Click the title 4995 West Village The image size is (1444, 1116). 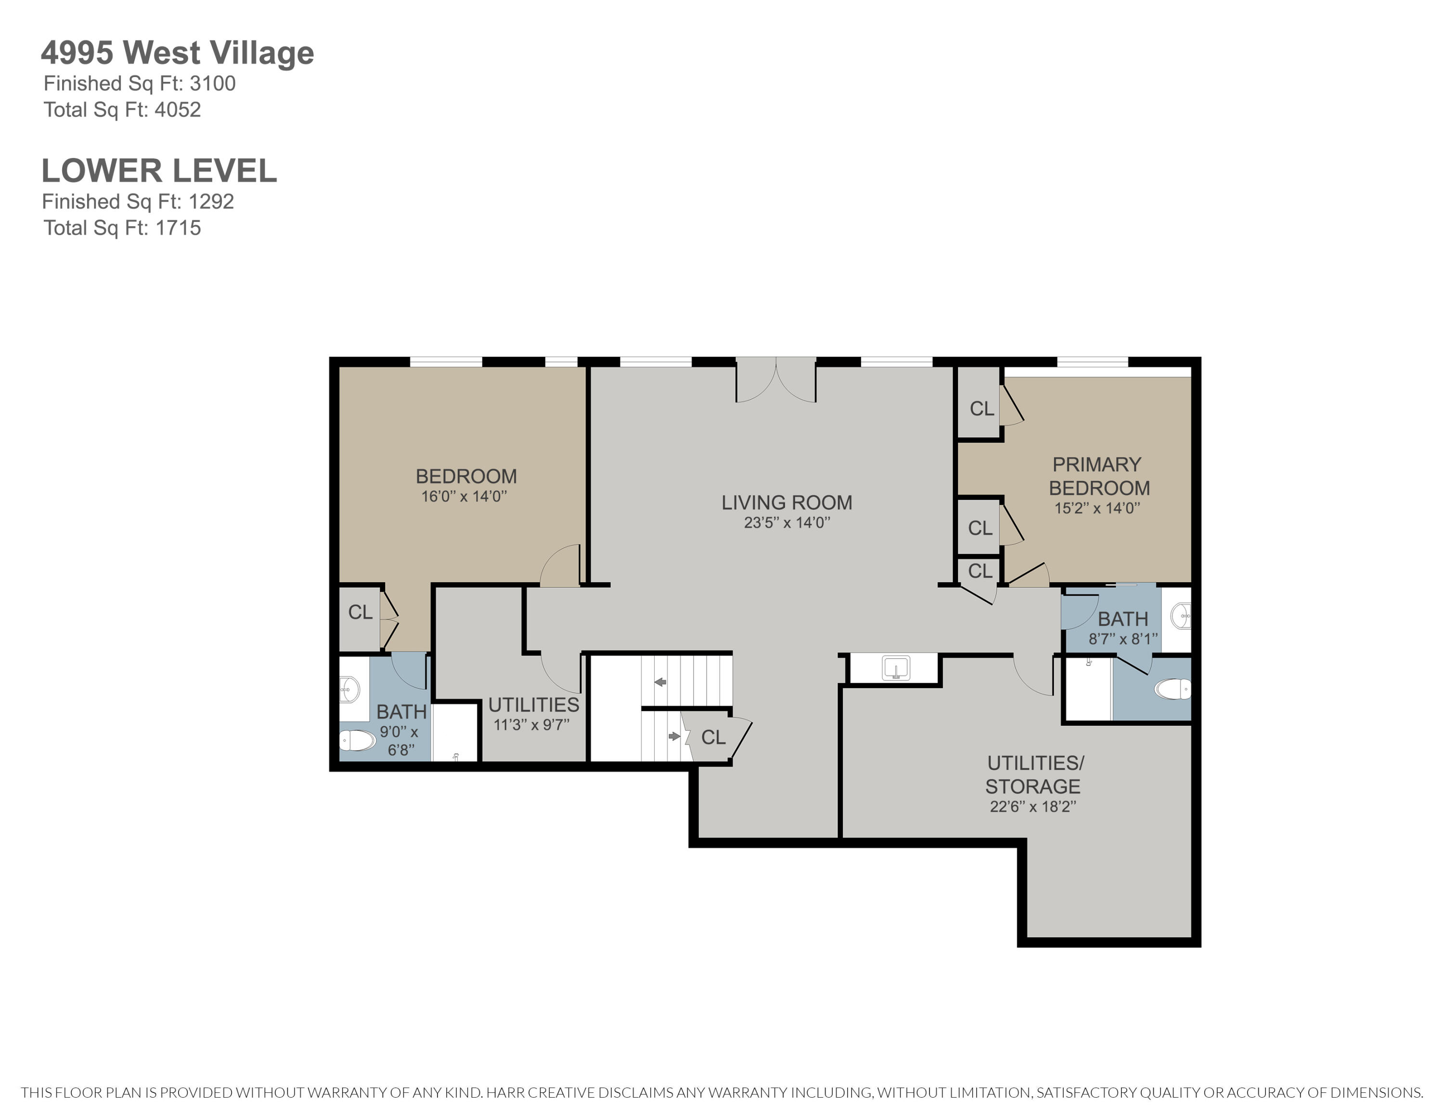[177, 53]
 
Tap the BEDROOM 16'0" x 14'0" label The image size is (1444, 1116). [465, 485]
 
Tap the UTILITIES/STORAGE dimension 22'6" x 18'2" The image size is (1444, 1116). [1033, 806]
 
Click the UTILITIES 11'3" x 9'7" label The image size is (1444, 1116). [533, 714]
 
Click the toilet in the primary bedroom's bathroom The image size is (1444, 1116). [1172, 689]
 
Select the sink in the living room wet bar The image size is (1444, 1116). [896, 668]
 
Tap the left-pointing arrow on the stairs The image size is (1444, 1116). [660, 682]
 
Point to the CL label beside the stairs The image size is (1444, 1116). [713, 737]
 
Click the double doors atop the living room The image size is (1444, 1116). [775, 380]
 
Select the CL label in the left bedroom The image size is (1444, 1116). [361, 612]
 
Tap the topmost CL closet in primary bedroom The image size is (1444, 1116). [981, 409]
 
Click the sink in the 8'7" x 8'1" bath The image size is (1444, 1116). [1180, 616]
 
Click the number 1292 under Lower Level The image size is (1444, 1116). [212, 202]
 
